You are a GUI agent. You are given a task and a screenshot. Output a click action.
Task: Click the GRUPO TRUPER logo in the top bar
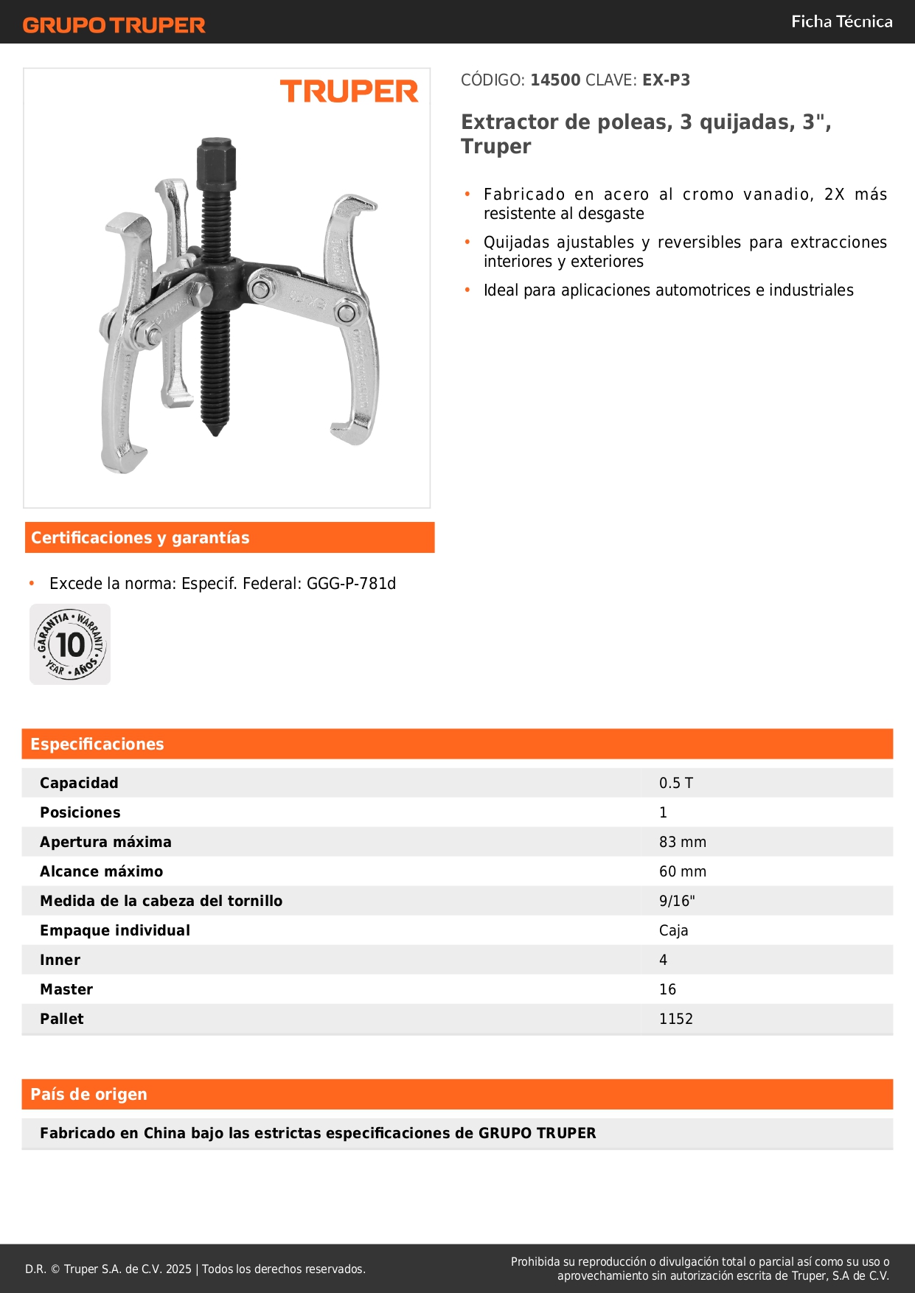[114, 25]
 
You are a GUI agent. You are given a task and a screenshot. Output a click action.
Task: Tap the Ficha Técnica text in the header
[841, 22]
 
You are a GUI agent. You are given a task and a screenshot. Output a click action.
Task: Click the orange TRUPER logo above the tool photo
[349, 91]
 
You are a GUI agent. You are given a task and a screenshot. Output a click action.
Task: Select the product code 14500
[555, 80]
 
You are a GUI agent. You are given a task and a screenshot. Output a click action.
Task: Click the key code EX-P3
[666, 80]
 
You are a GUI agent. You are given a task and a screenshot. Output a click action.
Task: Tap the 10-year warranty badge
[70, 644]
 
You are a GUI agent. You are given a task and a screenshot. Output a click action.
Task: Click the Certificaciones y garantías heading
[140, 538]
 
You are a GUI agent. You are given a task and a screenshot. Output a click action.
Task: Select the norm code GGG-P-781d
[351, 584]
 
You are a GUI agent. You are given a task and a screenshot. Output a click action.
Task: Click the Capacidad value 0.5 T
[675, 783]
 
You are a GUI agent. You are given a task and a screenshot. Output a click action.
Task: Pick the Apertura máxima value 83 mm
[682, 842]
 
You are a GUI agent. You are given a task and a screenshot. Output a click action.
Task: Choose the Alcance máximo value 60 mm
[682, 871]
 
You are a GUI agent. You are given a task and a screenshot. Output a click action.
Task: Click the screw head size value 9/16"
[676, 901]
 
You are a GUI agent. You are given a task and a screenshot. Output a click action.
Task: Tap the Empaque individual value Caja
[673, 930]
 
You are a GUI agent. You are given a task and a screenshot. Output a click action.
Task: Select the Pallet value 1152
[675, 1019]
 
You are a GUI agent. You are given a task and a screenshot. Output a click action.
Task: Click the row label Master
[66, 989]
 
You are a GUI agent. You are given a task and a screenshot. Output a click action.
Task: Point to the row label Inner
[60, 960]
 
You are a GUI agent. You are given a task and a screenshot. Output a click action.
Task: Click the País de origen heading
[88, 1095]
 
